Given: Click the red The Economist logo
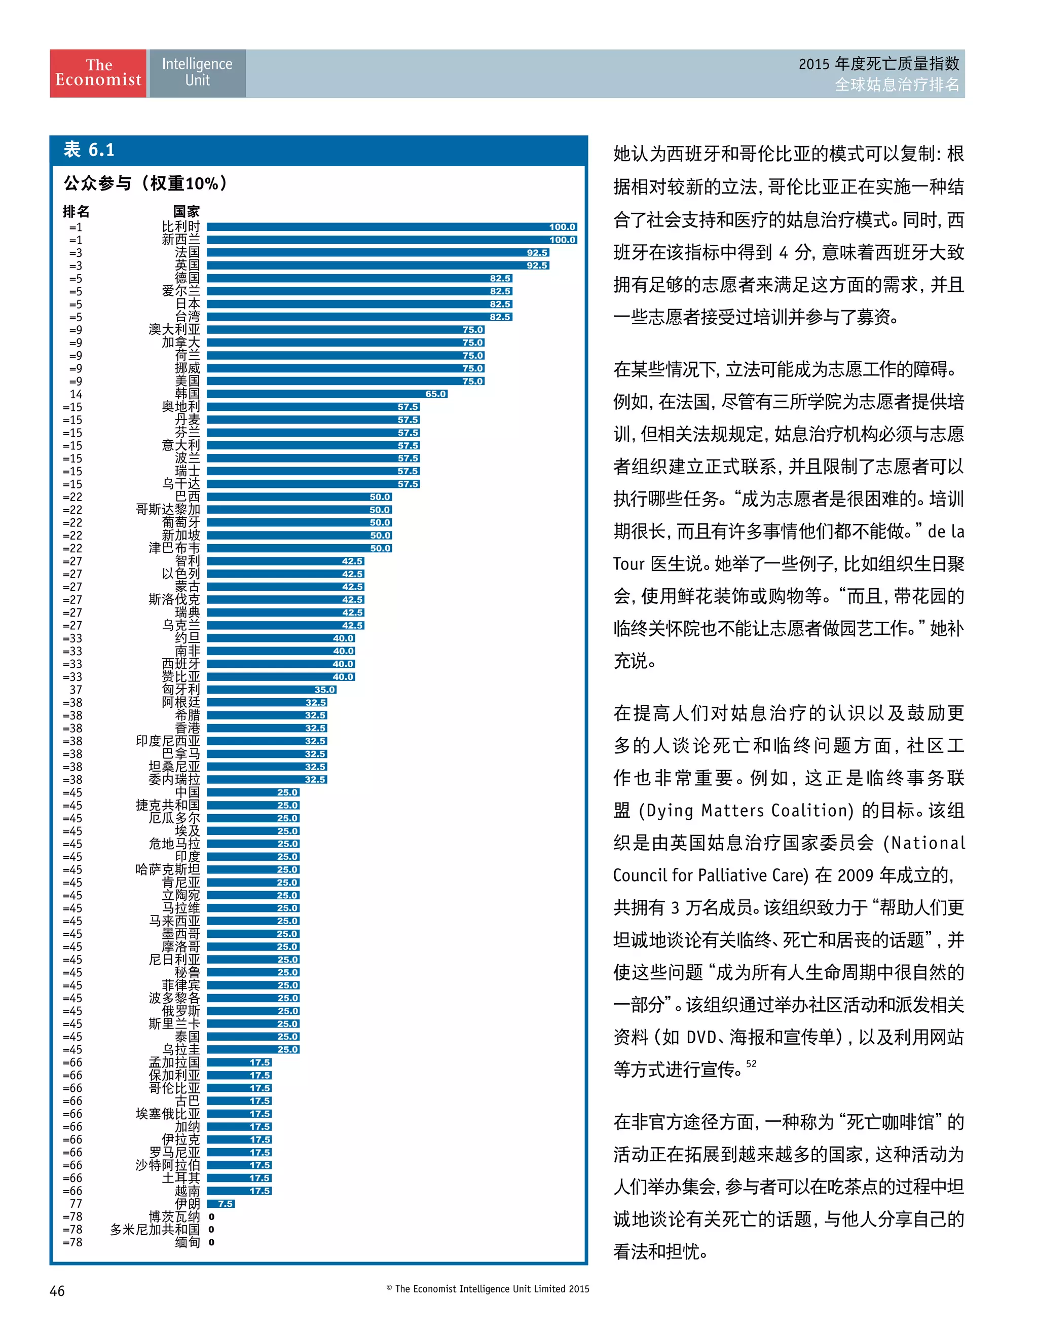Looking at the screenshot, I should [x=98, y=73].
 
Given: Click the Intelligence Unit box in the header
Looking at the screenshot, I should [x=197, y=73].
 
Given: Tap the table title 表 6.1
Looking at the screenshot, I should [x=89, y=149].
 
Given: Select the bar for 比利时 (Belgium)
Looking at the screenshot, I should [x=391, y=227].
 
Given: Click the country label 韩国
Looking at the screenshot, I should [x=187, y=394].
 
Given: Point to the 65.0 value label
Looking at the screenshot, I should [x=435, y=394].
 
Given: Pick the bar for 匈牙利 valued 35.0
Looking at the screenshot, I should [x=271, y=690].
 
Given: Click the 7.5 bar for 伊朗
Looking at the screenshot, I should [x=220, y=1204].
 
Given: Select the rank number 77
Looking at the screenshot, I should [x=76, y=1204].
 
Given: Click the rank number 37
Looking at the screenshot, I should [x=76, y=690].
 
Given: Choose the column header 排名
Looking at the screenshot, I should [x=77, y=212].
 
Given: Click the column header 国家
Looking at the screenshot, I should [x=187, y=212].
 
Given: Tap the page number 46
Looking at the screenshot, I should [x=57, y=1290].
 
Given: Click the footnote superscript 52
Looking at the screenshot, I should [x=751, y=1063].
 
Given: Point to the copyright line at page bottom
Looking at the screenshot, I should [x=488, y=1289].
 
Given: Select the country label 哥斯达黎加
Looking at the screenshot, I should [x=167, y=509].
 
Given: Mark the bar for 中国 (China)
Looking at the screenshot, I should [x=253, y=793].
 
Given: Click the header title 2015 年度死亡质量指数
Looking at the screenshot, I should [x=878, y=63].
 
